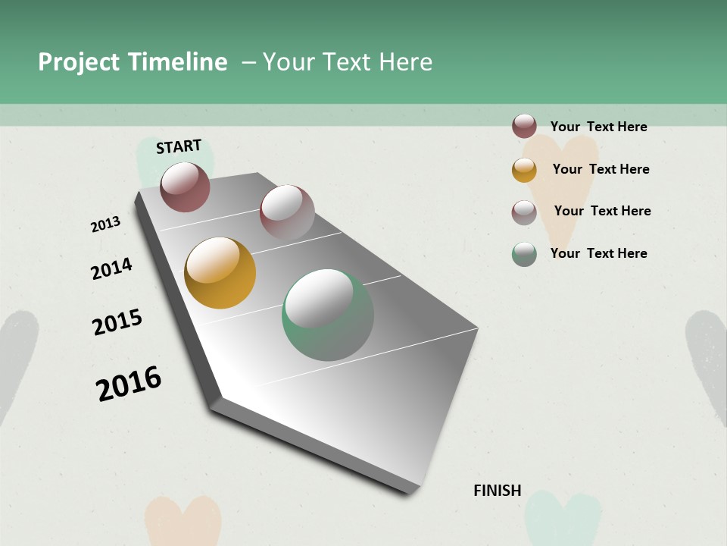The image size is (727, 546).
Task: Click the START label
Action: click(x=179, y=146)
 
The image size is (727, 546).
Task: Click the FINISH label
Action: click(x=497, y=491)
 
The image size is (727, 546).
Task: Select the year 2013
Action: click(x=105, y=224)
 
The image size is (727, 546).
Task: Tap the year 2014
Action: click(x=111, y=268)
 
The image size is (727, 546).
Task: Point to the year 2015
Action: click(x=117, y=322)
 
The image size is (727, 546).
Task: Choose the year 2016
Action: click(x=129, y=384)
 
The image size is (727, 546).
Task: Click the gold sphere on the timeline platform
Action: click(x=220, y=273)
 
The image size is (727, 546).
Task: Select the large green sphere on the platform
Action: click(x=328, y=315)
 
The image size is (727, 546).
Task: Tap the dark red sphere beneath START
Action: click(x=185, y=187)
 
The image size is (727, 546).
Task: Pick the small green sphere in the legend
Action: click(x=524, y=254)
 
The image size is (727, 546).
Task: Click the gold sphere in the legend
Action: click(x=524, y=170)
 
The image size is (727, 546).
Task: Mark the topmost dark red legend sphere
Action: click(x=524, y=126)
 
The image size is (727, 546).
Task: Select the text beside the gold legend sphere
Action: click(x=601, y=169)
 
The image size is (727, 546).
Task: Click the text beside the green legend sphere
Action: click(x=598, y=253)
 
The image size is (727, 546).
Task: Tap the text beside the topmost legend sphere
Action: click(x=598, y=127)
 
